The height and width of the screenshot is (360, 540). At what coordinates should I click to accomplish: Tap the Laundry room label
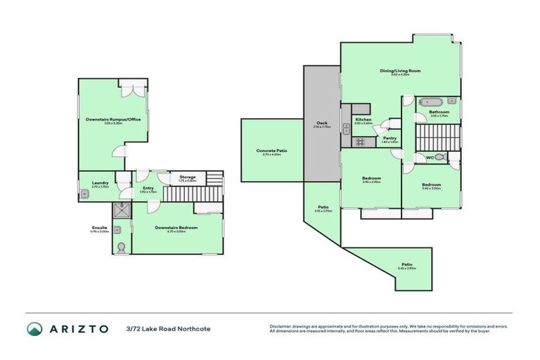click(100, 183)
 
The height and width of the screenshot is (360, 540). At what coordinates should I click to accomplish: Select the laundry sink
click(84, 194)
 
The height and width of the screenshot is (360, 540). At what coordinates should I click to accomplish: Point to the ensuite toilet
click(122, 247)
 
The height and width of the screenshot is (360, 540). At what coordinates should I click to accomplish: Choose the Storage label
click(187, 176)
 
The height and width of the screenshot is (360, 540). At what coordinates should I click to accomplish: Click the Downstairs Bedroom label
click(176, 227)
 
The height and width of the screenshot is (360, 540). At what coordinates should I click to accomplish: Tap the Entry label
click(148, 188)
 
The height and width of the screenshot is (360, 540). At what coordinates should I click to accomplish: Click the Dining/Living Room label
click(399, 70)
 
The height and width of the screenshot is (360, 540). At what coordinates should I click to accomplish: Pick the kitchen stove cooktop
click(359, 142)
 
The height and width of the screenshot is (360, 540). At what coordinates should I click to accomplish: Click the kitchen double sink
click(346, 128)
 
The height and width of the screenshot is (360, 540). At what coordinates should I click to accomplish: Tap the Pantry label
click(390, 138)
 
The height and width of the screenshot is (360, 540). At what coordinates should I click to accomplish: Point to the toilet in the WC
click(440, 157)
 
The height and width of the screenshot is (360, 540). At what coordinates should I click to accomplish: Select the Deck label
click(321, 123)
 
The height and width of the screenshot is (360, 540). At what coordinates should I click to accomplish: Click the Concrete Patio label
click(271, 150)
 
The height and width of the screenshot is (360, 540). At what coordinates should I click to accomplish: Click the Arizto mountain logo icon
click(35, 329)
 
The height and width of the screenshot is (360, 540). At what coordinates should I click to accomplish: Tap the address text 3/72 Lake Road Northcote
click(168, 329)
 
